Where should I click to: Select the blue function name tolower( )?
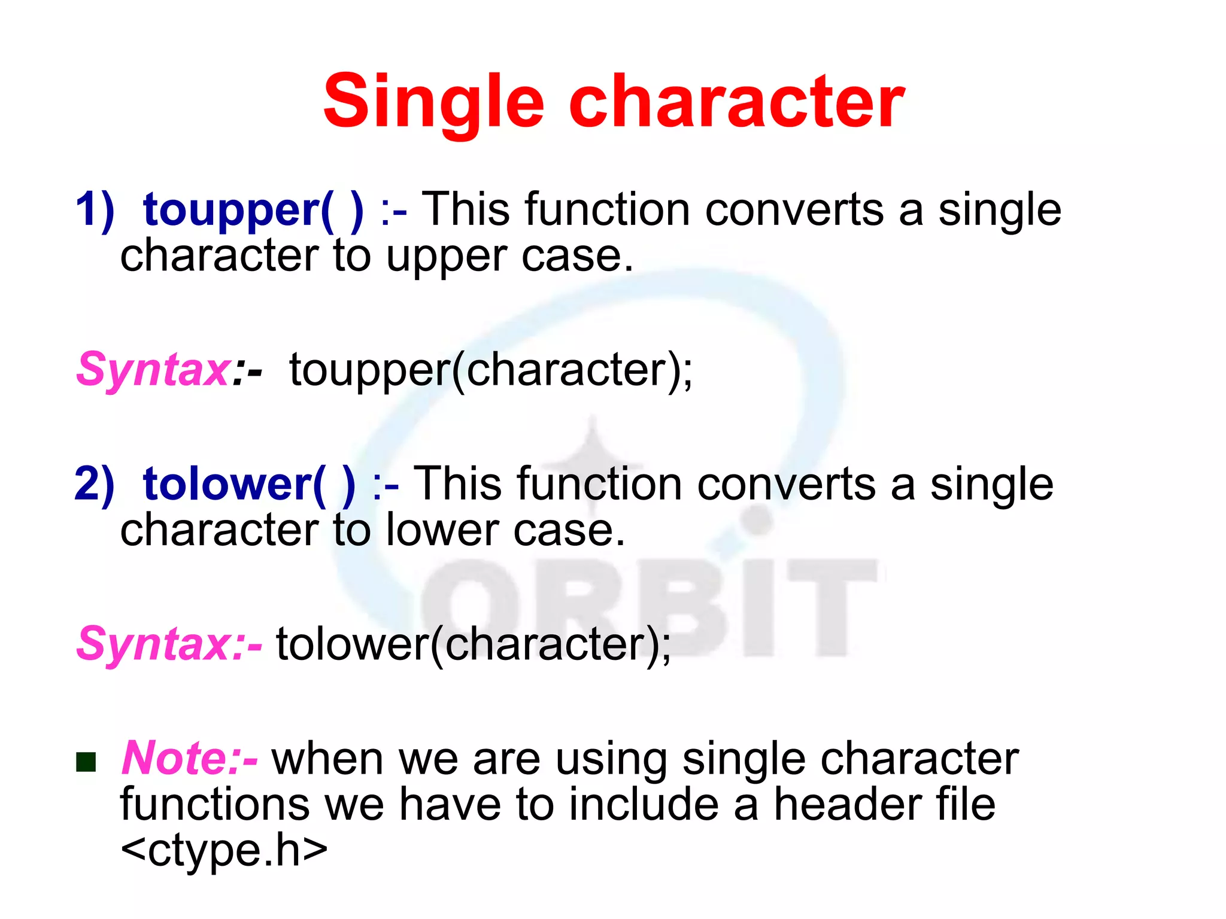[x=248, y=485]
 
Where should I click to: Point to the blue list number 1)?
[x=95, y=211]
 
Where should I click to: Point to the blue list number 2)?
[x=95, y=485]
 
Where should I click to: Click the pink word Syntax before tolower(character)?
[x=153, y=645]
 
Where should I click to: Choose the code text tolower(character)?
[x=474, y=645]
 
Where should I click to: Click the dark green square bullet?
[x=86, y=762]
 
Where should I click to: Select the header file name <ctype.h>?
[x=224, y=850]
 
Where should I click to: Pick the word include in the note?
[x=644, y=805]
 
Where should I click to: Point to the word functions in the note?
[x=215, y=805]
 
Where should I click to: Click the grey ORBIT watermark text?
[x=650, y=607]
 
